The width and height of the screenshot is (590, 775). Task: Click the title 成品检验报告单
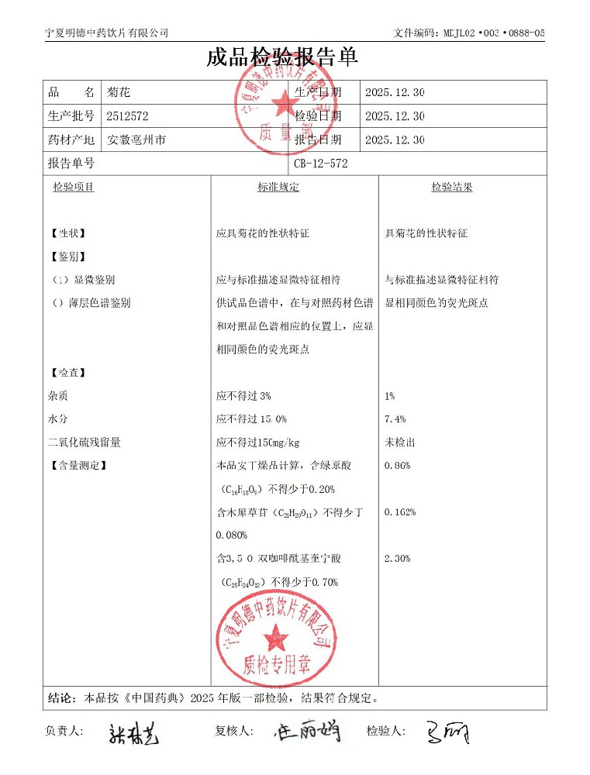point(282,58)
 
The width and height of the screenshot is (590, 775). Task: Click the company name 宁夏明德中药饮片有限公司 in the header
point(107,33)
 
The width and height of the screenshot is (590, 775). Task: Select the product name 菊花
point(119,92)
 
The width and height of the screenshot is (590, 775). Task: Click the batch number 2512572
point(127,116)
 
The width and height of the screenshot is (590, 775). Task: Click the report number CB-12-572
point(321,164)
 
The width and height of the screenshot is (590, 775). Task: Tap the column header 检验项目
point(73,188)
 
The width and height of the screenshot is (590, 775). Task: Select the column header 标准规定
point(278,188)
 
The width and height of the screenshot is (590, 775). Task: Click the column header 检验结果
point(452,188)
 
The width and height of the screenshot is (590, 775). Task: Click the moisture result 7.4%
point(395,419)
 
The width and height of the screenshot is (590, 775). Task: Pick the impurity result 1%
point(389,396)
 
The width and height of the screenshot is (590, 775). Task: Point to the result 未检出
point(399,443)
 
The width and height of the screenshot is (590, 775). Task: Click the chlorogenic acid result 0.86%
point(397,466)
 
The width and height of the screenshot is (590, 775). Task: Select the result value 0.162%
point(399,512)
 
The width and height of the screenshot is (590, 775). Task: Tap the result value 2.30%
point(397,559)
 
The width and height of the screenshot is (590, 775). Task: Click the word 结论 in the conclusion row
point(61,697)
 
